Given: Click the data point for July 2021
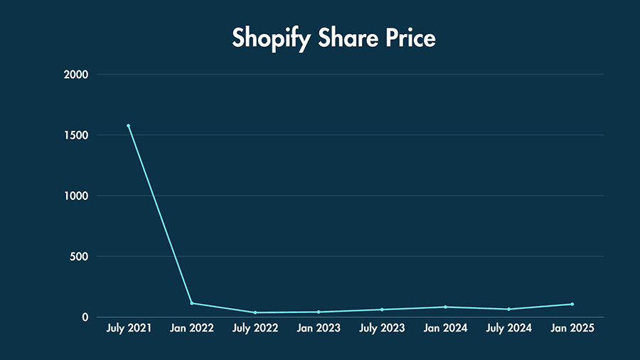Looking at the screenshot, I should tap(128, 126).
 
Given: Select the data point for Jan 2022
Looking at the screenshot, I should tap(191, 303).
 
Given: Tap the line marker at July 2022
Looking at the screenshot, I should tap(255, 312).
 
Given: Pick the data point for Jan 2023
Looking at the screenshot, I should tap(319, 312).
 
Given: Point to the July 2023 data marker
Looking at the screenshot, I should tap(382, 309).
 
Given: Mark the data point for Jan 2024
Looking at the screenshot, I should tap(445, 307).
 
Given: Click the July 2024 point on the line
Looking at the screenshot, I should tap(508, 309).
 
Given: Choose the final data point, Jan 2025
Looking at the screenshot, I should tap(572, 304).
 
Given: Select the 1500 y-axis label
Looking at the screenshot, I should tap(75, 135).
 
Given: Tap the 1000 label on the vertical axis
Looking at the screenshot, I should tap(75, 196).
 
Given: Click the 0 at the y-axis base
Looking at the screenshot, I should tap(84, 317).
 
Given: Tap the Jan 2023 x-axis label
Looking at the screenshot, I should tap(319, 329).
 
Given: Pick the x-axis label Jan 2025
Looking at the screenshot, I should tap(572, 329).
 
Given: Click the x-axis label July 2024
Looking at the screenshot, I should tap(508, 329).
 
